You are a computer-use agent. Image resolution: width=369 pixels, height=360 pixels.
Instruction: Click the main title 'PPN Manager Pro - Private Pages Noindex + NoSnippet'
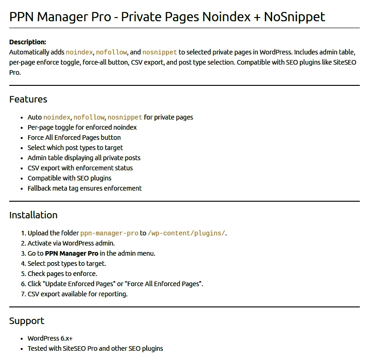point(167,17)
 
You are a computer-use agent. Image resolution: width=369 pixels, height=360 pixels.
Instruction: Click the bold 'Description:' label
point(28,42)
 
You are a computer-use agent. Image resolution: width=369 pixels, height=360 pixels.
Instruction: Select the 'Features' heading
point(28,99)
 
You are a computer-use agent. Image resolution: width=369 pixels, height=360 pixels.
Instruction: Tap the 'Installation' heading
point(33,215)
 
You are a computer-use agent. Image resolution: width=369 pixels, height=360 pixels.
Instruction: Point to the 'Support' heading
point(27,321)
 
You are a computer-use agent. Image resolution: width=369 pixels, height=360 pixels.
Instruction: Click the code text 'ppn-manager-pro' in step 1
point(109,233)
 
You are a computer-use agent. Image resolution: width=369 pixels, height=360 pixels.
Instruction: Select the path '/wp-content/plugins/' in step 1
point(186,233)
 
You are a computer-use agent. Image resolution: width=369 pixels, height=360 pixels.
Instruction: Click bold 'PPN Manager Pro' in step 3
point(71,253)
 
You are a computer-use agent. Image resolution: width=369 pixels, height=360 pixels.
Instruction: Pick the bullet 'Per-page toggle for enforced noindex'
point(82,127)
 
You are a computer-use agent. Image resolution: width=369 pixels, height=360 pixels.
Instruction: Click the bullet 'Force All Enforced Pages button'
point(74,138)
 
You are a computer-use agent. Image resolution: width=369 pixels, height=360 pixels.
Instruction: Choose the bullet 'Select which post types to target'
point(75,148)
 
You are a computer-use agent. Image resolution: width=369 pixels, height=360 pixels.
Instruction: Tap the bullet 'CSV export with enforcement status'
point(80,168)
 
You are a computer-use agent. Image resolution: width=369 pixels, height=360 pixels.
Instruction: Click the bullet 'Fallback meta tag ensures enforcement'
point(84,188)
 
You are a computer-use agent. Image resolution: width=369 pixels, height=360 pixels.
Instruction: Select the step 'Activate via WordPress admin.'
point(71,243)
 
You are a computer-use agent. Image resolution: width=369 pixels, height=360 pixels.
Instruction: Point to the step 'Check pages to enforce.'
point(62,274)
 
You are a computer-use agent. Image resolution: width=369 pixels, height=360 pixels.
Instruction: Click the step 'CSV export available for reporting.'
point(77,294)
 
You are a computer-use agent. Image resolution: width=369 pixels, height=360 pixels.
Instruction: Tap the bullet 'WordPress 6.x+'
point(50,338)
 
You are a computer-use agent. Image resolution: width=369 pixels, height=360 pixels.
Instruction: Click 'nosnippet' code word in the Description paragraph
point(160,52)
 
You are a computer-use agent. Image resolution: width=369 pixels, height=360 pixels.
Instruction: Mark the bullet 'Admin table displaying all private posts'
point(84,158)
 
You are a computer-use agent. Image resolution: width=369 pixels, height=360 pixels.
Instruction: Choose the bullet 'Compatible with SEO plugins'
point(70,178)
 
